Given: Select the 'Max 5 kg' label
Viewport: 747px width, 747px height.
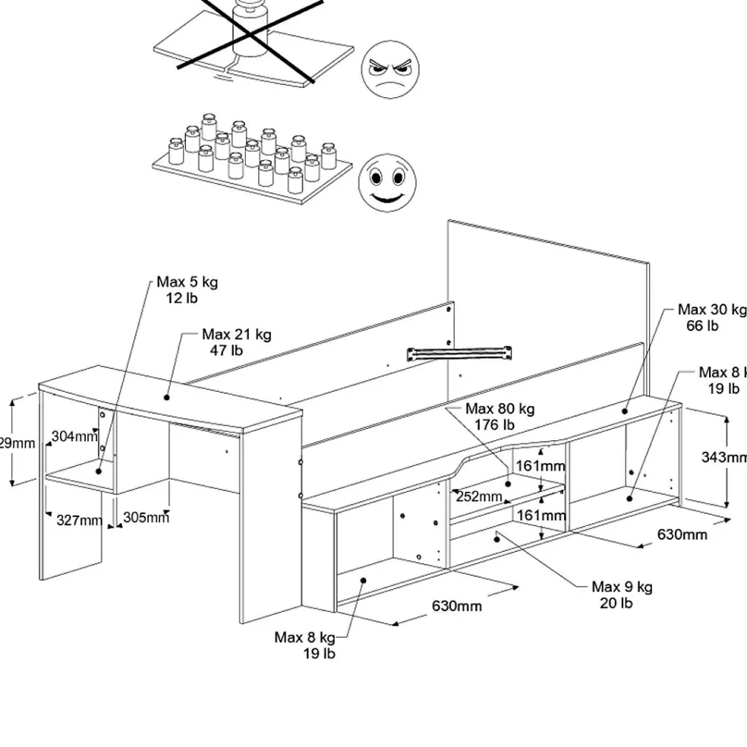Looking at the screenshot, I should (x=188, y=282).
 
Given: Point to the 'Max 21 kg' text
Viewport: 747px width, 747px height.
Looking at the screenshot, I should (x=236, y=334).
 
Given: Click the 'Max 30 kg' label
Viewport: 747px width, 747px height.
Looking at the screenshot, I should (x=711, y=310).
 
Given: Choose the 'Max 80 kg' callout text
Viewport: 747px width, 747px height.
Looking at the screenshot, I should (x=500, y=409).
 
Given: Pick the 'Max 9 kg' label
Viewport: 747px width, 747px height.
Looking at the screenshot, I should (x=622, y=587).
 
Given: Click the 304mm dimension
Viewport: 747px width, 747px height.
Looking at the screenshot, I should (x=74, y=437).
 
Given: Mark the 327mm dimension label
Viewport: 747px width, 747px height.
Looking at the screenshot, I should (x=79, y=521).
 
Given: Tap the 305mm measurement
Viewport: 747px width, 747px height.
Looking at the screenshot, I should (x=146, y=518).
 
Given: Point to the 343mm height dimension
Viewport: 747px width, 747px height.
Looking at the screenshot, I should (x=723, y=457).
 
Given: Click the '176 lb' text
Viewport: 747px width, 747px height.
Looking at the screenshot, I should (x=494, y=425).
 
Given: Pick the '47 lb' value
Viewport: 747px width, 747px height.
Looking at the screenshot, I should (x=226, y=350).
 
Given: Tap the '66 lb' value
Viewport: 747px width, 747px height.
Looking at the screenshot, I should (x=702, y=326).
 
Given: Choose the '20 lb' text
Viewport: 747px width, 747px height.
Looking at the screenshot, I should (x=616, y=604).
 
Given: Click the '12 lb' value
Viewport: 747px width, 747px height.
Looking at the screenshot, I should (x=181, y=298).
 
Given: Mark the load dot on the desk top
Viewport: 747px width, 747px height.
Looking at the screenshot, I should (x=167, y=396).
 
